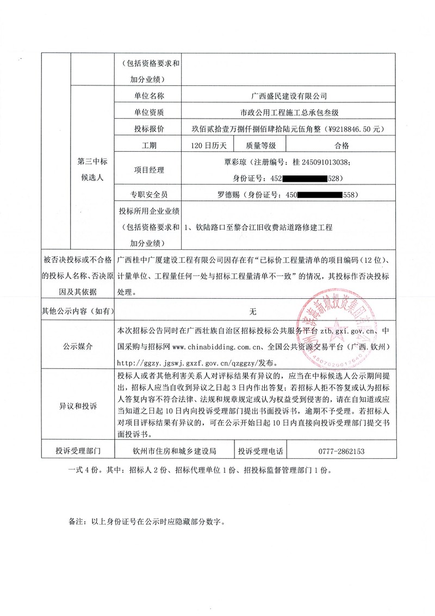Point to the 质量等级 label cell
(x=260, y=145)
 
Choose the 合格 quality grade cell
(x=342, y=145)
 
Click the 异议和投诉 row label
(x=77, y=406)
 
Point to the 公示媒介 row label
(x=77, y=347)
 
